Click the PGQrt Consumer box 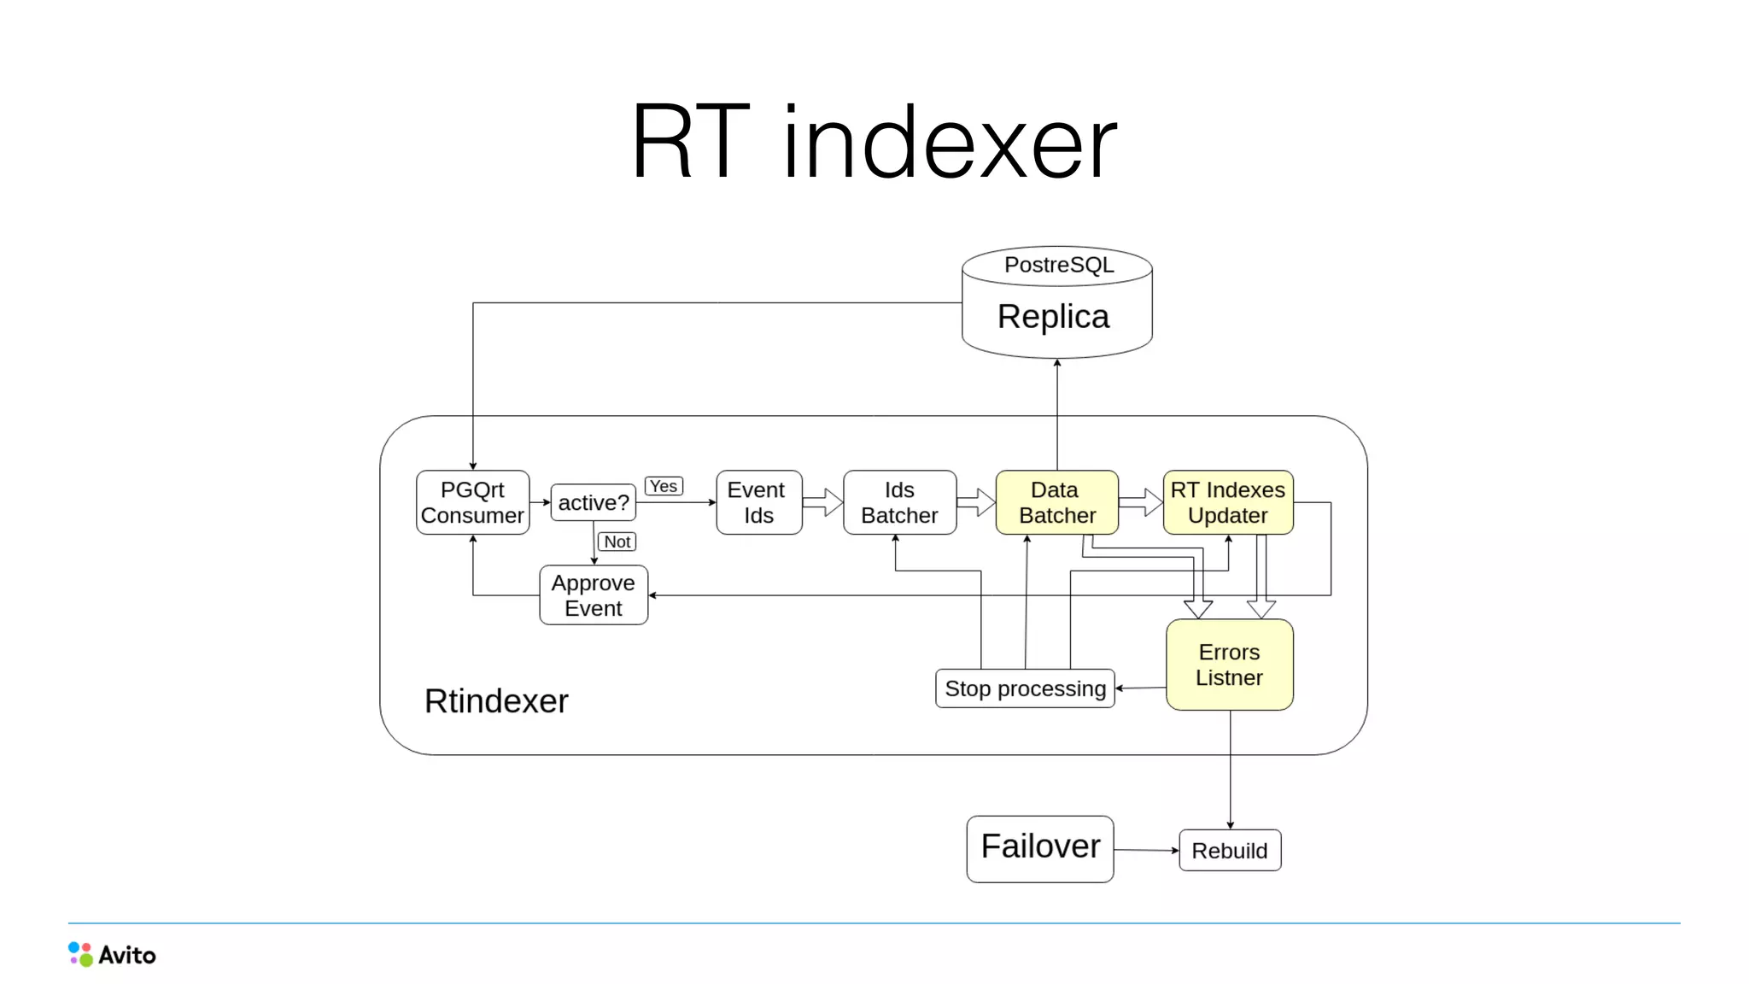click(472, 502)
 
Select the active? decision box click(594, 502)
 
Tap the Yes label click(664, 486)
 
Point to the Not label click(617, 542)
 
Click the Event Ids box click(758, 502)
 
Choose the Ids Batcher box click(899, 502)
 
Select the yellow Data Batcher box click(1056, 502)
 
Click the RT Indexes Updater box click(1227, 502)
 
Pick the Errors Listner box click(1229, 665)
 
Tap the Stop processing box click(1025, 688)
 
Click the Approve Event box click(594, 595)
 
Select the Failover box click(1039, 848)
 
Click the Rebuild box click(1229, 851)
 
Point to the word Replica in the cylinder click(1053, 317)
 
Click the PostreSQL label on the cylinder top click(1059, 265)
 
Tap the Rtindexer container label click(496, 701)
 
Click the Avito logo click(112, 954)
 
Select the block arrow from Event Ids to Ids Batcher click(822, 502)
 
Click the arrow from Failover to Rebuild click(1146, 850)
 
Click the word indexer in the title click(949, 143)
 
